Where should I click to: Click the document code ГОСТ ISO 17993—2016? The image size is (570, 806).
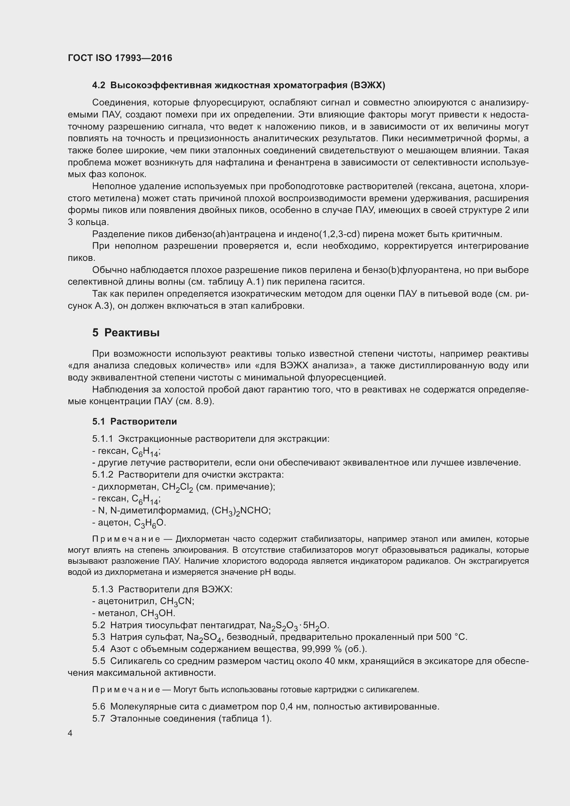click(120, 58)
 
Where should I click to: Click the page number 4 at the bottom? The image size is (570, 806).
click(70, 733)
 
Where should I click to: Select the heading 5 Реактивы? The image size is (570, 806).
click(126, 333)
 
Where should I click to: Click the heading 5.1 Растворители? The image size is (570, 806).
click(134, 421)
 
